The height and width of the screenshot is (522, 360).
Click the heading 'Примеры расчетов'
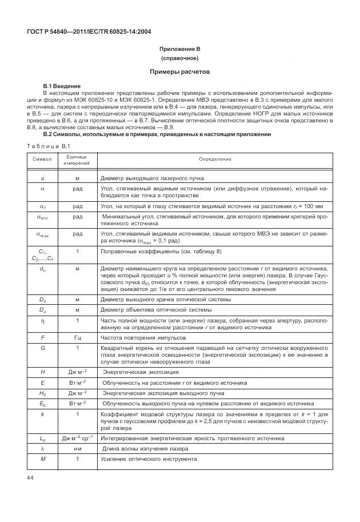180,73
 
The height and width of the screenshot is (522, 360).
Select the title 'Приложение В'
180,49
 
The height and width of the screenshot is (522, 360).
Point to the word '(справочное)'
180,59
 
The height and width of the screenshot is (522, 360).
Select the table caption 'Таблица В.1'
45,146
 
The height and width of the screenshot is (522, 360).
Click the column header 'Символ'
42,160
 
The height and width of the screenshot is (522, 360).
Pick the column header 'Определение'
215,160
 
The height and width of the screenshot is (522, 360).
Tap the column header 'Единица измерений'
77,160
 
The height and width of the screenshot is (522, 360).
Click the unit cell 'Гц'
77,338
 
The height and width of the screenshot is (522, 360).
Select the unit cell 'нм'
77,449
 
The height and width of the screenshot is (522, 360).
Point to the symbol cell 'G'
42,347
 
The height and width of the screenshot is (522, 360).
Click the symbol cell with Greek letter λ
42,449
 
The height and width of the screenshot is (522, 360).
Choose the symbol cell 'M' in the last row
42,459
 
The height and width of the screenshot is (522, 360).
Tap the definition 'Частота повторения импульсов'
139,338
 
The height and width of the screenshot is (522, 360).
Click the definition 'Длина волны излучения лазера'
142,449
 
